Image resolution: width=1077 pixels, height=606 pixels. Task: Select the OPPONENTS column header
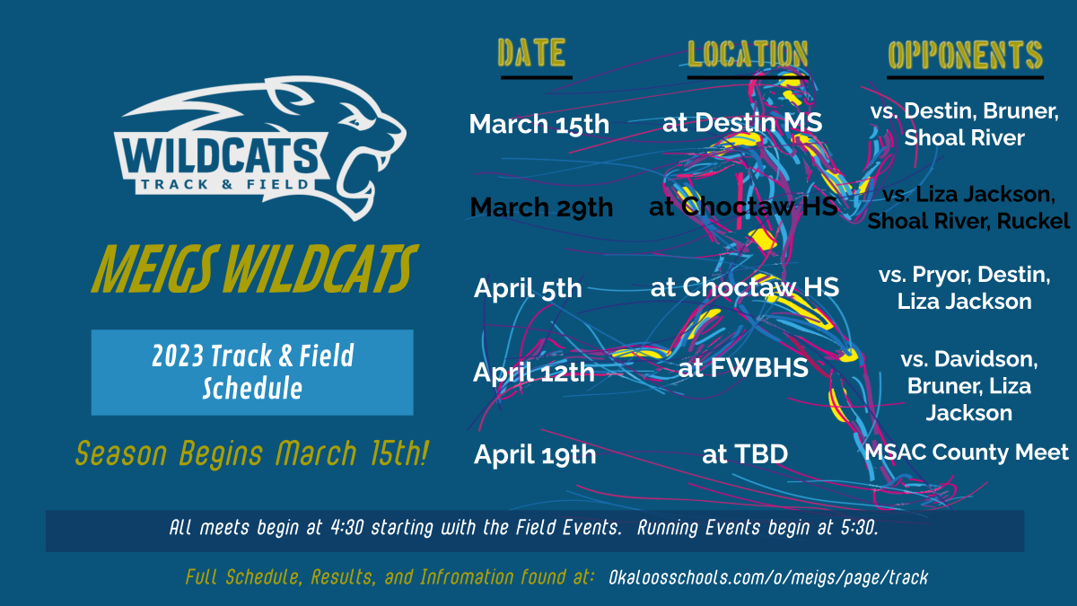[x=965, y=55]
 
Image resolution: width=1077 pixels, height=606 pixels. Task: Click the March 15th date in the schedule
[x=538, y=124]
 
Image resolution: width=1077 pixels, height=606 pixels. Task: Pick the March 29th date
[x=541, y=207]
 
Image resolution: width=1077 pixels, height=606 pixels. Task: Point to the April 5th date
[x=528, y=289]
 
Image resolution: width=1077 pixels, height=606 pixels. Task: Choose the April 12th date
[x=534, y=371]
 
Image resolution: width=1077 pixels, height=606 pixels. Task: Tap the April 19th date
[x=534, y=454]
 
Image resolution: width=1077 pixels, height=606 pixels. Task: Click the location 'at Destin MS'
[x=741, y=122]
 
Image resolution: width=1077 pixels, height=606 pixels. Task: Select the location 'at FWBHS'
[x=743, y=368]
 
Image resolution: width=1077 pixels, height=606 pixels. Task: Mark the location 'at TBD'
[x=744, y=455]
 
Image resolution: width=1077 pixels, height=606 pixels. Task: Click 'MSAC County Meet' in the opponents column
[x=967, y=452]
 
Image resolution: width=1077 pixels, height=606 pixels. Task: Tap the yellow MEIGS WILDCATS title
[x=254, y=267]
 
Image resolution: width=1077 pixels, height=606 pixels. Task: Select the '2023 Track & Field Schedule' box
[x=252, y=372]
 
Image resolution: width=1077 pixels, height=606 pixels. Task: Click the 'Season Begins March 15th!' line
[x=251, y=453]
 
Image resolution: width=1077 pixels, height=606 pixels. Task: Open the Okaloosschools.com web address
[x=767, y=577]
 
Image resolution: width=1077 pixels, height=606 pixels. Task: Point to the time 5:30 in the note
[x=859, y=529]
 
